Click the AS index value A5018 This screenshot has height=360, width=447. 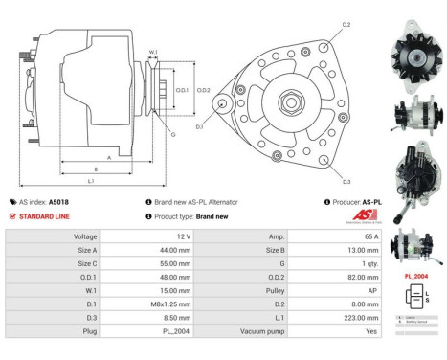pyautogui.click(x=58, y=202)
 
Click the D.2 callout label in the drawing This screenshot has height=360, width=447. pyautogui.click(x=346, y=24)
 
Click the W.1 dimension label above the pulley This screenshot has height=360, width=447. pyautogui.click(x=153, y=53)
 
